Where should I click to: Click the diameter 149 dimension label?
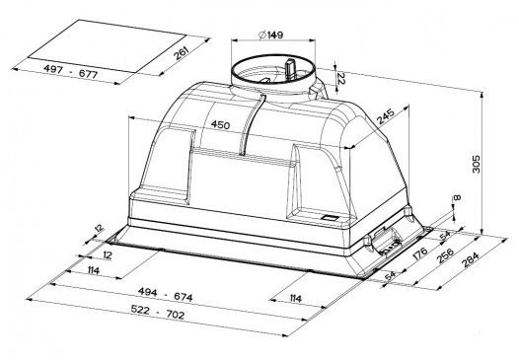271,35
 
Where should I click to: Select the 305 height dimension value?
476,164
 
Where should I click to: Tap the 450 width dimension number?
220,124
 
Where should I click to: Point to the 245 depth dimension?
386,116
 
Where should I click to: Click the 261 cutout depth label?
182,53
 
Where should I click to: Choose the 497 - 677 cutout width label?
70,71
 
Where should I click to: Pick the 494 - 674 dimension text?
165,294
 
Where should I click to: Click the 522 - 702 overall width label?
158,312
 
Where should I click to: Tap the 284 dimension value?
470,259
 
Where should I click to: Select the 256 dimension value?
445,255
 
